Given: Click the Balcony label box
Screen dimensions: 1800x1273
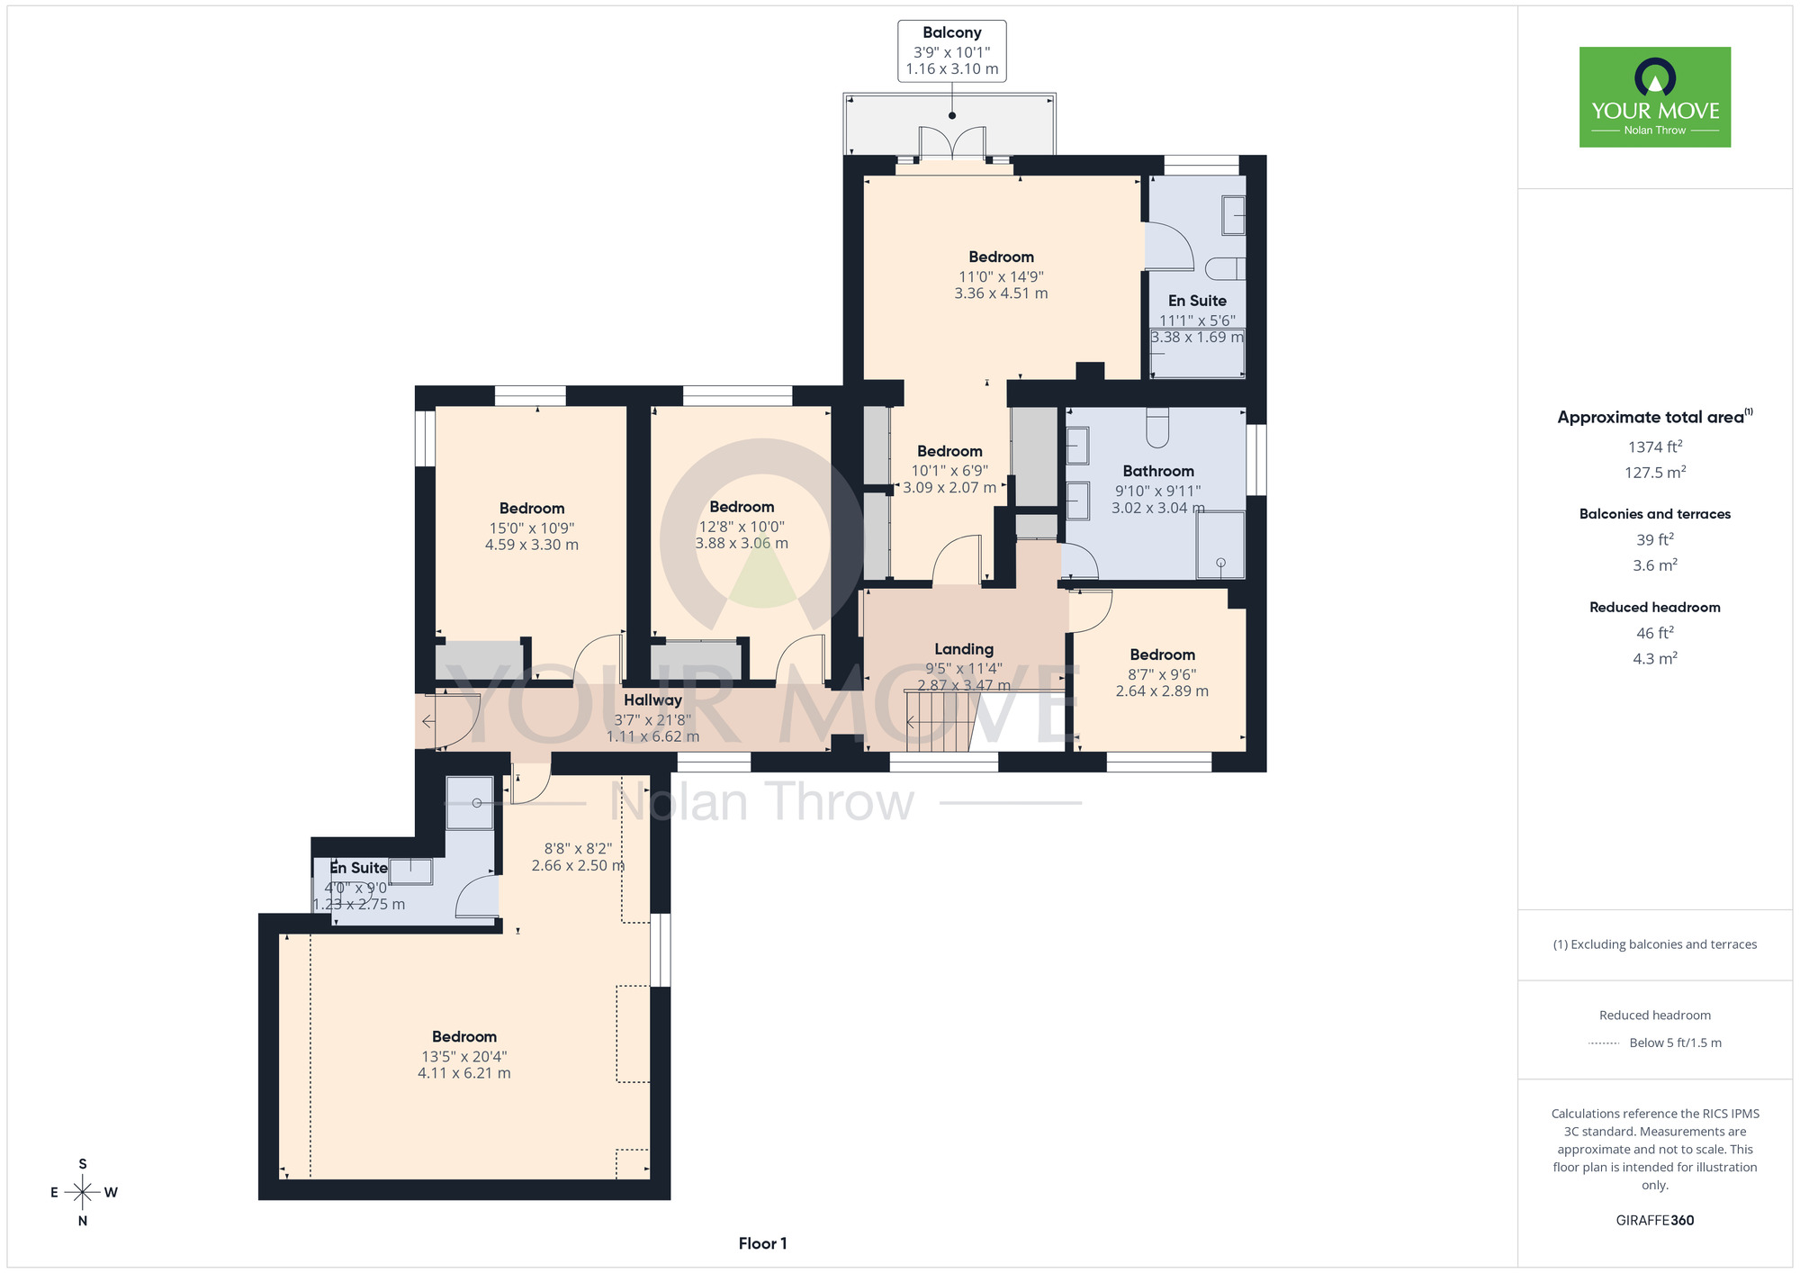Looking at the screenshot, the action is (x=951, y=51).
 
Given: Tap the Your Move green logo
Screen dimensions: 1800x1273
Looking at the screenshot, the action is (x=1655, y=97).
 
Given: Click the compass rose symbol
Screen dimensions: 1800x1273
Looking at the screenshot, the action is (x=83, y=1193).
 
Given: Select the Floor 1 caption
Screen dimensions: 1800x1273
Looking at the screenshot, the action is (x=762, y=1243).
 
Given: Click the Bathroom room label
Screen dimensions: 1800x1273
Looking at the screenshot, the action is (x=1158, y=471).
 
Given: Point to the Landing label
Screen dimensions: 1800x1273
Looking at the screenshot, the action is (x=964, y=649).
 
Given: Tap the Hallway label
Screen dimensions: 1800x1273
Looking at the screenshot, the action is (x=652, y=700).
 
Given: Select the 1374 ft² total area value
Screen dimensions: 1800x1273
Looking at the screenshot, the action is (x=1655, y=447).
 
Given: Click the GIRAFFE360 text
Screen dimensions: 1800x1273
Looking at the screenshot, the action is (x=1655, y=1221).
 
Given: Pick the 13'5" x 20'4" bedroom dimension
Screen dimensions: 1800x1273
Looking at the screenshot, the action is (x=464, y=1056).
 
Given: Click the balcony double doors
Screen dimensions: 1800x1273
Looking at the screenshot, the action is (x=952, y=144).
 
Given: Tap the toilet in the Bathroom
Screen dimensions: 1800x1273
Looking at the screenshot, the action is (x=1157, y=427).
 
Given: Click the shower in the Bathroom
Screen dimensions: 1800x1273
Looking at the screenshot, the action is (x=1220, y=545).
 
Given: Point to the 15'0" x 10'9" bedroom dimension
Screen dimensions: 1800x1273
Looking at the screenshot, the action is (x=532, y=528).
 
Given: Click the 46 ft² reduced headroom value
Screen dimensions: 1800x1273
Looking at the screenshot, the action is (x=1655, y=633).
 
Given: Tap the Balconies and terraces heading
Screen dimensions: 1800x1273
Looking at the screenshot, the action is (x=1655, y=514).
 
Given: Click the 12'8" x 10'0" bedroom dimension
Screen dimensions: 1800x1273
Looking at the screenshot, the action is (x=742, y=527).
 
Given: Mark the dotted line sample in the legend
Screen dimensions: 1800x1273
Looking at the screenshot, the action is (x=1605, y=1043).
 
